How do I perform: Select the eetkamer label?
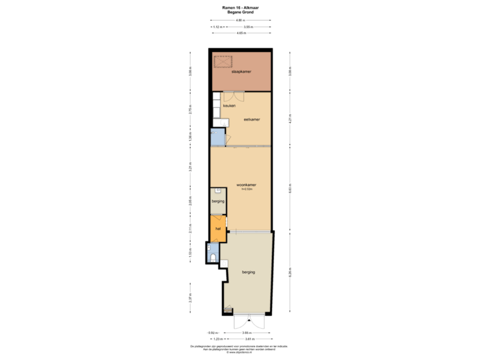click(x=251, y=119)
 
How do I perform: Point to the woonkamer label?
click(x=247, y=184)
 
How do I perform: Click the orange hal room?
click(x=217, y=229)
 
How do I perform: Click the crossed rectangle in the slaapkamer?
click(x=222, y=62)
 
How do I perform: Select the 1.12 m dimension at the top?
click(x=217, y=27)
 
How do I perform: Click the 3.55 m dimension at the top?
click(x=247, y=27)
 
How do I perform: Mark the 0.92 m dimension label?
click(x=212, y=332)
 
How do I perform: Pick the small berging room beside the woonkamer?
click(x=217, y=201)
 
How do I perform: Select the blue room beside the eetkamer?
click(x=217, y=138)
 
